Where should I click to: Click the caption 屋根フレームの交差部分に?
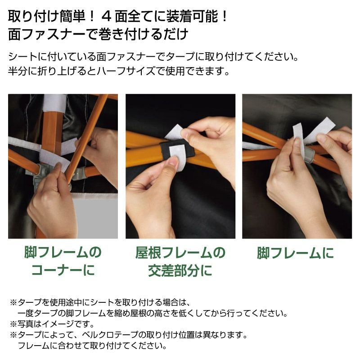180,261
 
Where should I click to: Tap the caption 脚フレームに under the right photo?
295,253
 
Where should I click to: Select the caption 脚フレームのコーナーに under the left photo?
63,261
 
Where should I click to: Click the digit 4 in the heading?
106,17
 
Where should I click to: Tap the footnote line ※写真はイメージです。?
52,324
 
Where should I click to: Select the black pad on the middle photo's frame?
177,150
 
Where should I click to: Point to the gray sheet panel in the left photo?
94,216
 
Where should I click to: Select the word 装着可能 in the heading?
192,17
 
